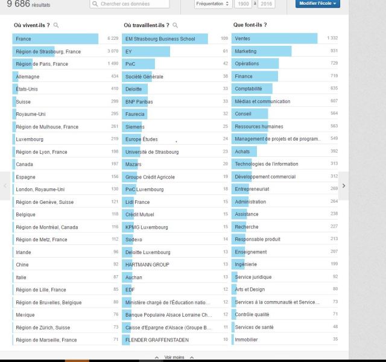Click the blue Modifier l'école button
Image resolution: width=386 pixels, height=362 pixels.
click(x=318, y=4)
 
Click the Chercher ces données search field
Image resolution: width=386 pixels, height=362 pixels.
click(x=133, y=4)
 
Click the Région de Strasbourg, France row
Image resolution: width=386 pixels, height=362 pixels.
click(x=48, y=51)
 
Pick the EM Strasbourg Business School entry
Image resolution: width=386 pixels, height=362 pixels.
click(x=160, y=39)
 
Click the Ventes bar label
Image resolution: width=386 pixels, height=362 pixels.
click(x=242, y=39)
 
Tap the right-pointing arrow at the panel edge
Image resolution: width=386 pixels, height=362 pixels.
click(x=344, y=185)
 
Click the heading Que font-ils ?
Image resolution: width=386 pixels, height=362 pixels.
click(x=250, y=25)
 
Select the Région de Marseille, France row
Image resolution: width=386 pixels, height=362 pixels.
click(x=46, y=340)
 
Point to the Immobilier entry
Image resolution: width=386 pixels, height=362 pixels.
click(x=247, y=340)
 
